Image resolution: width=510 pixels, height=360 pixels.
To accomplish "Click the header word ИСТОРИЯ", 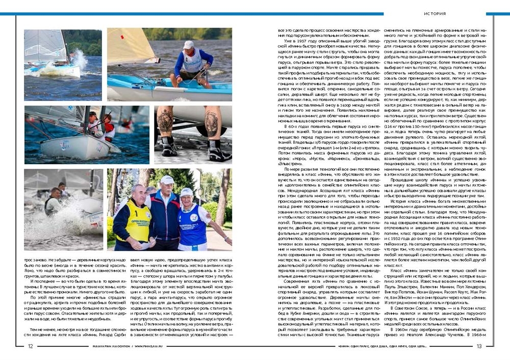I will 435,14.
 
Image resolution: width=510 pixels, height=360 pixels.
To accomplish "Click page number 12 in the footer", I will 31,346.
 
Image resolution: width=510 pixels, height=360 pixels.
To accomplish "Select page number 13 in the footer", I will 479,346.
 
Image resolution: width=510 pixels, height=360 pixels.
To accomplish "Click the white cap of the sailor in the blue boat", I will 188,45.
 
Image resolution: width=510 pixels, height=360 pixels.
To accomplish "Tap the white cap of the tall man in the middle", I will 167,179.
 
